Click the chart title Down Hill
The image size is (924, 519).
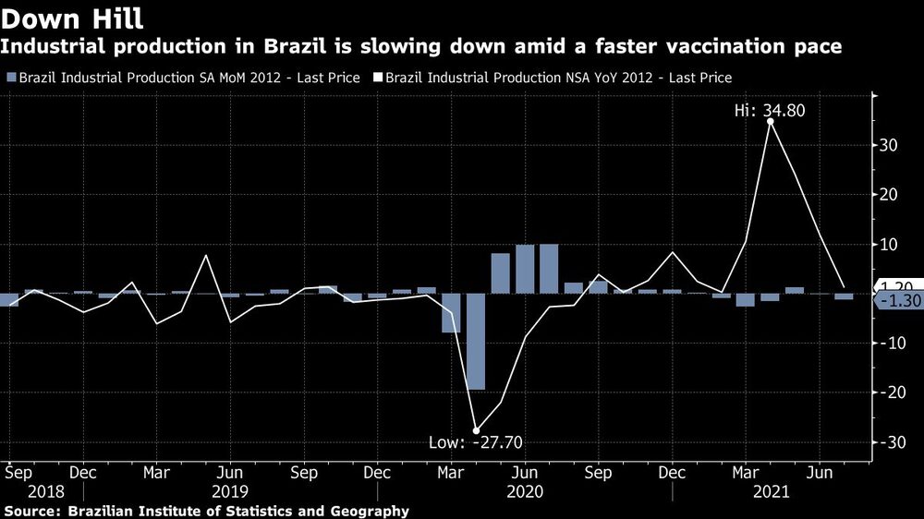(72, 18)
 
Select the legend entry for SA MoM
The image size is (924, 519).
(183, 78)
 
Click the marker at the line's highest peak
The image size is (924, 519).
(771, 121)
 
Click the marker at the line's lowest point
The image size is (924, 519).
(476, 430)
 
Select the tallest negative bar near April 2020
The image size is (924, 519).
(476, 342)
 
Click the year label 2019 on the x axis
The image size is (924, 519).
(231, 492)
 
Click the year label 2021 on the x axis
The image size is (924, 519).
(772, 492)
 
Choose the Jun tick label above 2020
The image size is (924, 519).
(525, 472)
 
